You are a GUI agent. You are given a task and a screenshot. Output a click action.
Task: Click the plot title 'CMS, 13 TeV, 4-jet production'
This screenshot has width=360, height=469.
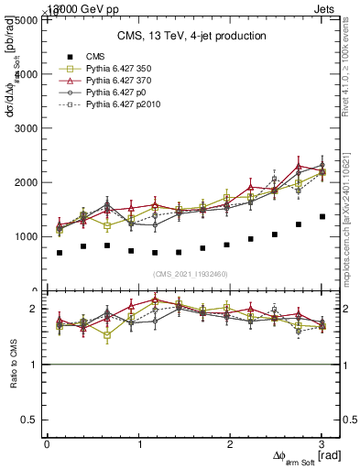click(191, 36)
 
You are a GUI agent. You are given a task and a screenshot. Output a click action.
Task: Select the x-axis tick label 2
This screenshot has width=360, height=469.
click(231, 444)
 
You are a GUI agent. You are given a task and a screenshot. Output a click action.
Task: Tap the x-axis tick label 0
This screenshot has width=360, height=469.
click(47, 444)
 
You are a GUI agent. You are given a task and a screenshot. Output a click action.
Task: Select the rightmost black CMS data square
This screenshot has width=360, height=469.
click(322, 217)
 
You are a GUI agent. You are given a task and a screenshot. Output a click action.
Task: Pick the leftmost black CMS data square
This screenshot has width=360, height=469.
click(60, 253)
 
